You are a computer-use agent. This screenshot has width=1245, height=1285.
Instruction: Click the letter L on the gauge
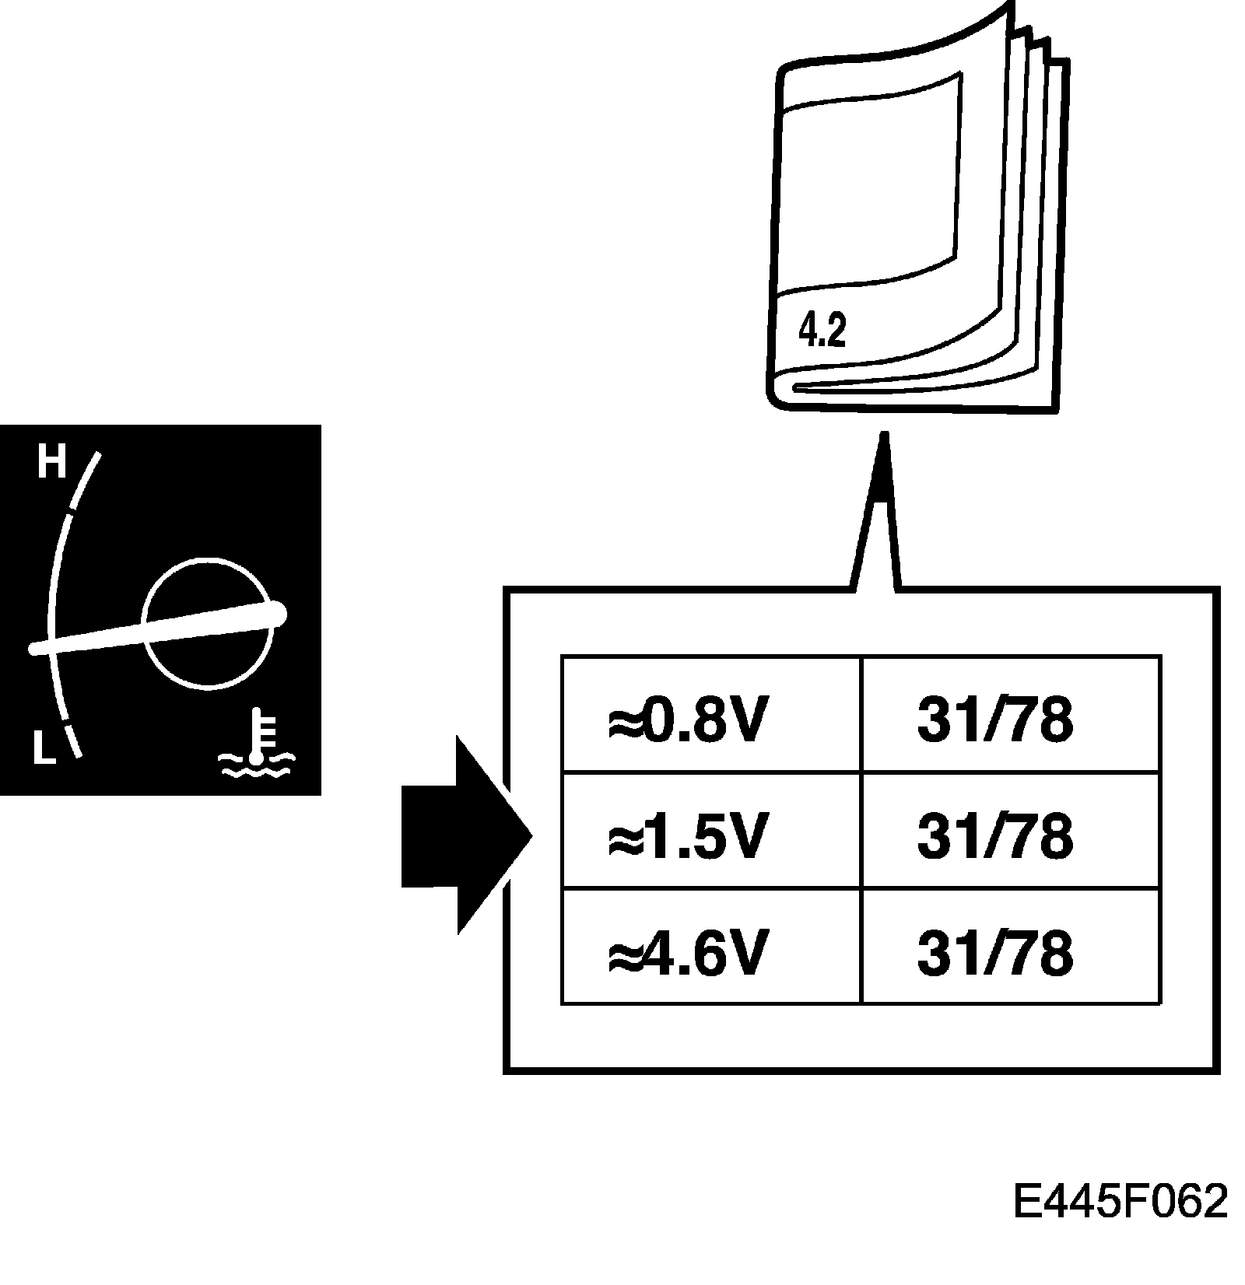[44, 748]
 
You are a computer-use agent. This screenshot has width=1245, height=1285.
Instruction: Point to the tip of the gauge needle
[33, 648]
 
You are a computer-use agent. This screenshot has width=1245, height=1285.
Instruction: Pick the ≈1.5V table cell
[710, 830]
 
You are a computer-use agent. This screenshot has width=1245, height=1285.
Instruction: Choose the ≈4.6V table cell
[710, 946]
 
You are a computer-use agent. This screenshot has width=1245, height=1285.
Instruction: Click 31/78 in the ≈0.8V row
[995, 720]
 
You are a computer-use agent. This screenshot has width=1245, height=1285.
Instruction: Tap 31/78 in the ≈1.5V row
[995, 836]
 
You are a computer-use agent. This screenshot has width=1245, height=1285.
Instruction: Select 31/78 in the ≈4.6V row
[995, 951]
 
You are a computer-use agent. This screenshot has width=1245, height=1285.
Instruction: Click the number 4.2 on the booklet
[822, 331]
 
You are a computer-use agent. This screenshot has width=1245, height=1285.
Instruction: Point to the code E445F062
[1120, 1201]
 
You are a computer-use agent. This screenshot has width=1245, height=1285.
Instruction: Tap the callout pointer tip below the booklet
[882, 437]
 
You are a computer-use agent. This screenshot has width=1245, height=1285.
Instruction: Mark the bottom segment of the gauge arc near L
[73, 740]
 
